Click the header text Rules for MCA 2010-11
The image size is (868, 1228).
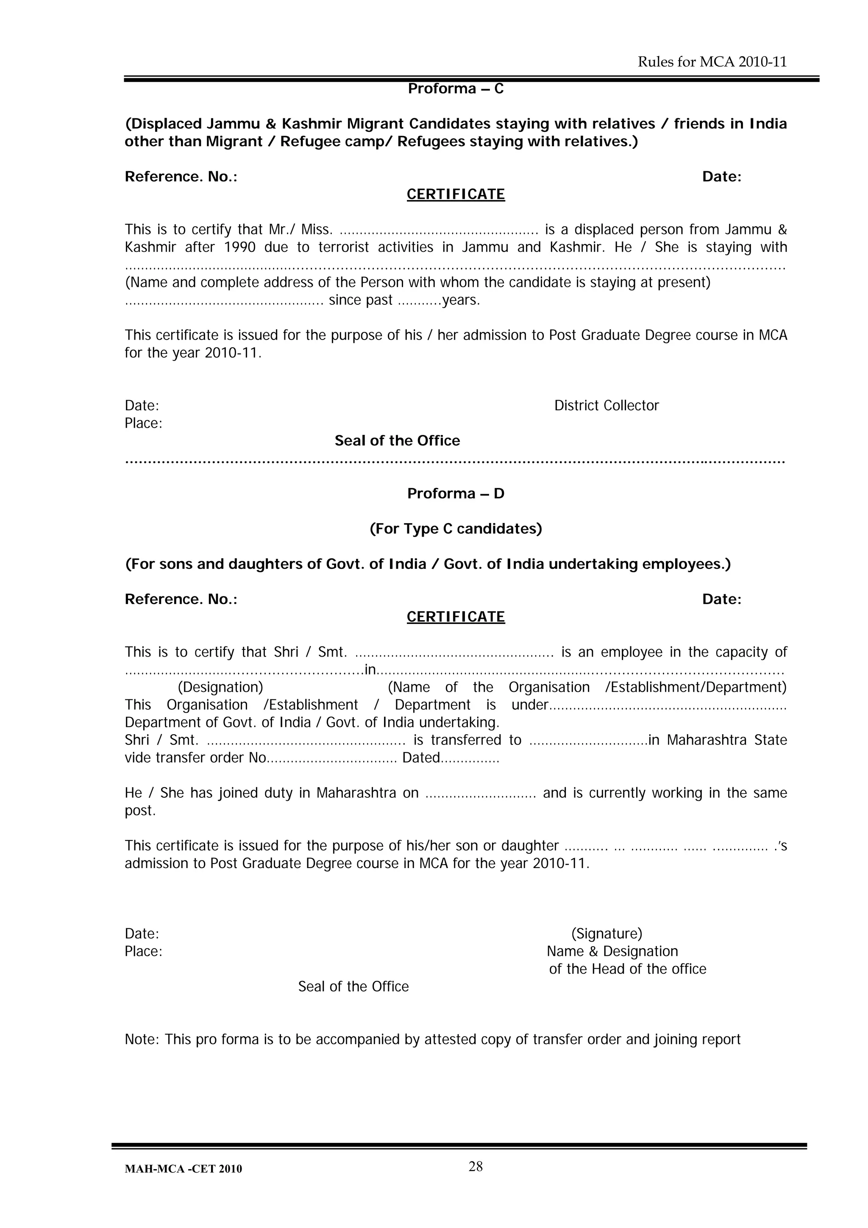point(712,62)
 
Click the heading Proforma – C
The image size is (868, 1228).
point(456,88)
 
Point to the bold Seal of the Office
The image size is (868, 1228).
point(397,441)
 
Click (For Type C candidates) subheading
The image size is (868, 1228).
point(456,529)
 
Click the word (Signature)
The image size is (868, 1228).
point(606,934)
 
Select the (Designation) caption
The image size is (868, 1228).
point(220,687)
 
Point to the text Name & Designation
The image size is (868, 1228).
point(612,952)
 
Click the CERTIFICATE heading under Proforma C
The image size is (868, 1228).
point(456,194)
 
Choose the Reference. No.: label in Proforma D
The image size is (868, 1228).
point(181,599)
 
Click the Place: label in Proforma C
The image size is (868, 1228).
point(143,423)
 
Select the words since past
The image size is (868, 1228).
point(360,300)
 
